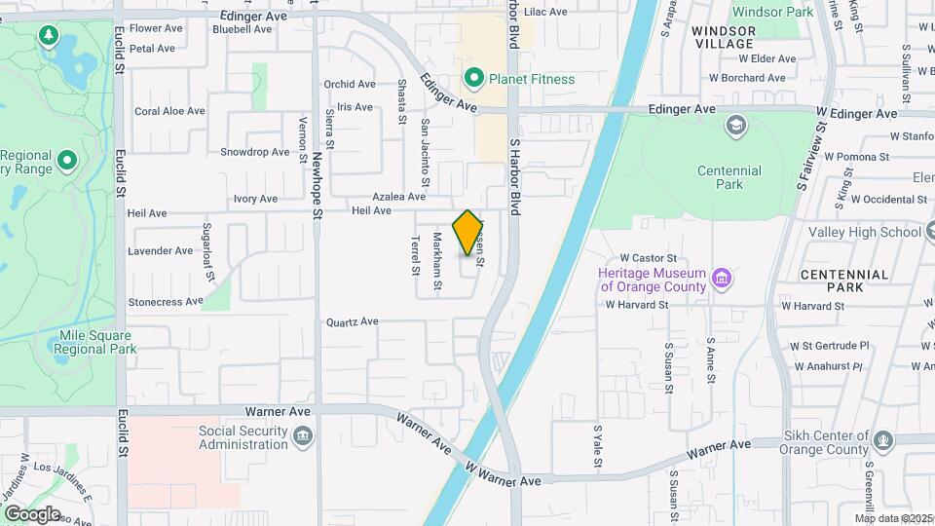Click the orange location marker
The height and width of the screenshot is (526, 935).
[468, 233]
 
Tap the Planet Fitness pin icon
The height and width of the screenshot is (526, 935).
[474, 78]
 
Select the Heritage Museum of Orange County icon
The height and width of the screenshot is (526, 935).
[722, 281]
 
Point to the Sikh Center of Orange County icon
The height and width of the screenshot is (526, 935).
[883, 440]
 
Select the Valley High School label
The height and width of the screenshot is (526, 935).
[866, 232]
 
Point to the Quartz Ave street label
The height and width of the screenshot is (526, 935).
[352, 321]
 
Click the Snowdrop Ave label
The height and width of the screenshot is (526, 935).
[254, 152]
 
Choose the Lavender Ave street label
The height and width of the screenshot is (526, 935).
[161, 251]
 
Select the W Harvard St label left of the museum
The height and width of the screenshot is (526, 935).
[636, 305]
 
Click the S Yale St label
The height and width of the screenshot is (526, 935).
[597, 446]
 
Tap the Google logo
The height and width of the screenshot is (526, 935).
[31, 513]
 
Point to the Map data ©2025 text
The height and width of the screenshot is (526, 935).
[893, 518]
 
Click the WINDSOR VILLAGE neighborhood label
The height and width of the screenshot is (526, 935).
[723, 38]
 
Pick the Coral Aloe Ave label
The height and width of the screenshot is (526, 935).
[169, 111]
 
